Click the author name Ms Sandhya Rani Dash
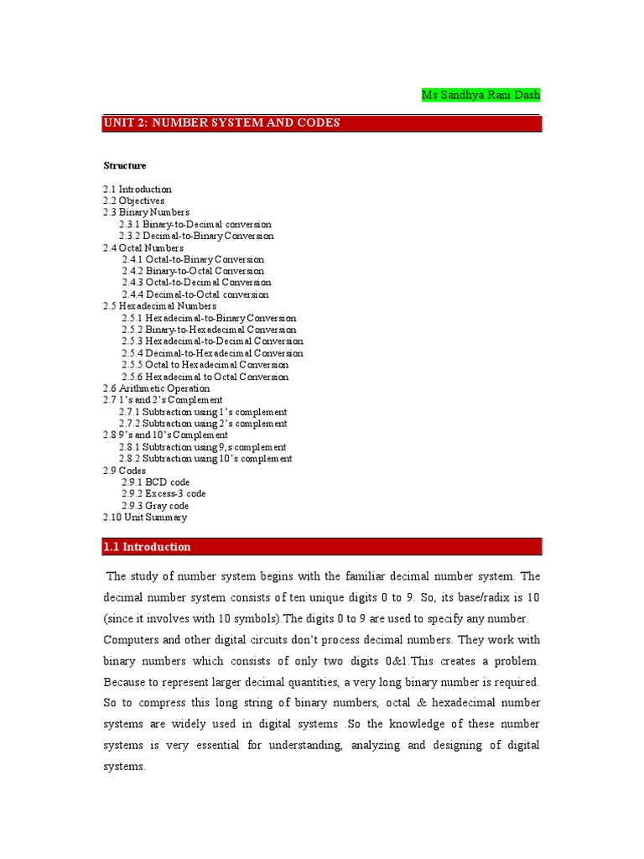480,96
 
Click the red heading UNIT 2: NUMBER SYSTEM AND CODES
221,123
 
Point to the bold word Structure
125,166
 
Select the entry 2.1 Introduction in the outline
138,190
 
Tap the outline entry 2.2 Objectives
134,201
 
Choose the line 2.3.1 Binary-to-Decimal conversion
195,225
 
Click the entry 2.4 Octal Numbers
143,248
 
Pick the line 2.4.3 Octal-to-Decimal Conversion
196,283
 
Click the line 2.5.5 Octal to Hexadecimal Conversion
205,365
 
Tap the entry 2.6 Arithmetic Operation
157,388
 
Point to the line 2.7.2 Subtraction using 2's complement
203,424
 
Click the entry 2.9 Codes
125,471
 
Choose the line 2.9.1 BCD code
156,482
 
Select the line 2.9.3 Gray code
155,506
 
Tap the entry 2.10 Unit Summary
145,518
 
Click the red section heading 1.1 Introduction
148,547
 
